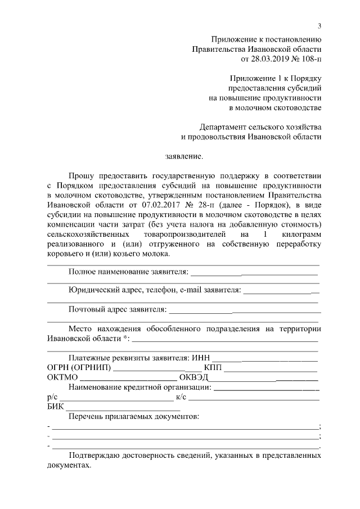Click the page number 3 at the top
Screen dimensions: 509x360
(x=319, y=26)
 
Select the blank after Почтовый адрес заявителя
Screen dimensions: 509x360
(x=244, y=309)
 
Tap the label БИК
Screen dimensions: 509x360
(x=56, y=406)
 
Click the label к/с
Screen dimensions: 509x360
(x=181, y=397)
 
